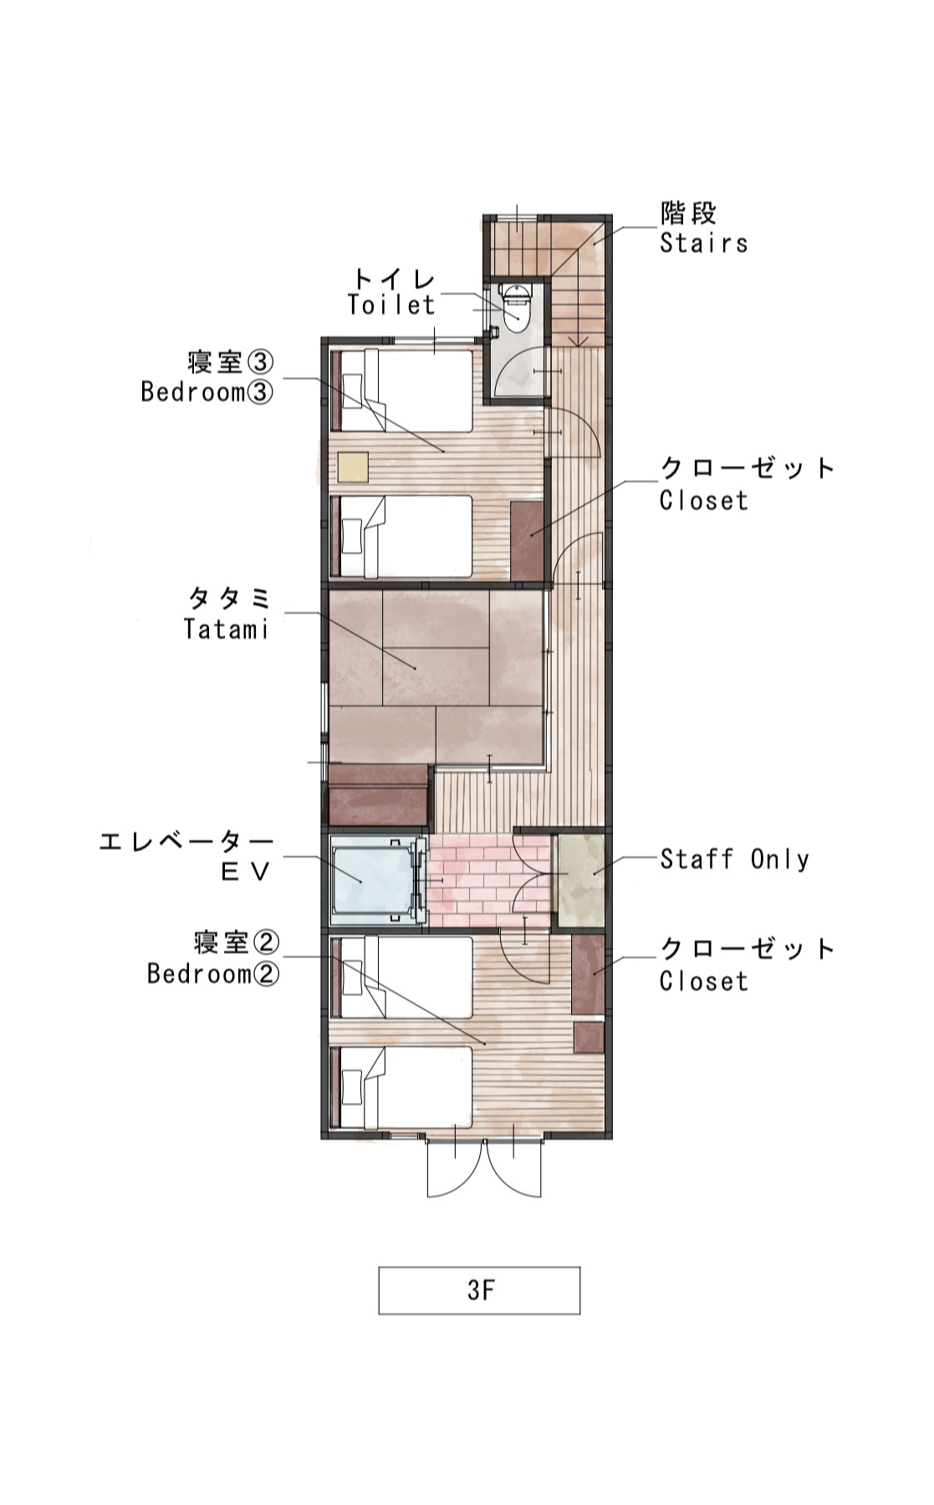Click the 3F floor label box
tap(479, 1290)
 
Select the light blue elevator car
tap(372, 880)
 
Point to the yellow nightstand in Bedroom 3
tap(353, 467)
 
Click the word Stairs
tap(703, 243)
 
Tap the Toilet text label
tap(391, 305)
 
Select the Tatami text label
tap(226, 629)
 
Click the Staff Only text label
tap(734, 859)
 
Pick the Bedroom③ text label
tap(207, 391)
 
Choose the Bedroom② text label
tap(213, 973)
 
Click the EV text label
tap(246, 872)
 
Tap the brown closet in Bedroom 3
tap(527, 541)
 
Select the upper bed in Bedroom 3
tap(402, 390)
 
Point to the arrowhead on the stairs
tap(578, 340)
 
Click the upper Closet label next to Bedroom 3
tap(704, 500)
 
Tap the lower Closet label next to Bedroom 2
tap(704, 981)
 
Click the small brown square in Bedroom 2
tap(589, 1038)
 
